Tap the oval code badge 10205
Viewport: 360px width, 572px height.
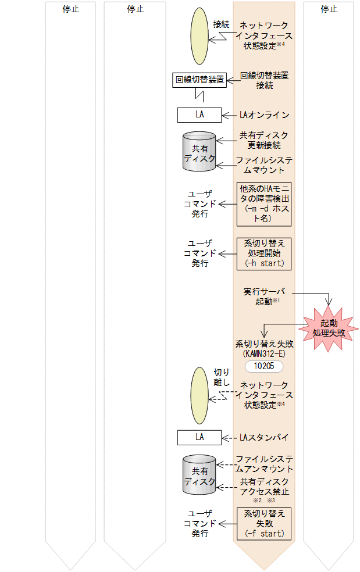pos(264,366)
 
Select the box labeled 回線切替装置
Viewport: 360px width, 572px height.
pos(200,80)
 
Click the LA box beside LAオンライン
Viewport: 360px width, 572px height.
pos(199,115)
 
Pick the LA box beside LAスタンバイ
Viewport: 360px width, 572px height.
pos(199,437)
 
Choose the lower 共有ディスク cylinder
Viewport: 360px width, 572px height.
pos(199,476)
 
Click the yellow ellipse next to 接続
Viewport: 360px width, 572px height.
pos(199,36)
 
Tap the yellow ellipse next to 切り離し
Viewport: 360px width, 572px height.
pos(199,395)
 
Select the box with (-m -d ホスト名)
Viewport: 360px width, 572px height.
pos(264,204)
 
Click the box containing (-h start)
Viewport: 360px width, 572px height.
pos(264,253)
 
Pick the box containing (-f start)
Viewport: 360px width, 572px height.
pos(264,523)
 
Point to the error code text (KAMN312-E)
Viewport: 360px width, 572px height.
pos(264,354)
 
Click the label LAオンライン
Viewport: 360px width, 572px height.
pos(264,115)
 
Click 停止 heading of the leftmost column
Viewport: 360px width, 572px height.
pos(71,9)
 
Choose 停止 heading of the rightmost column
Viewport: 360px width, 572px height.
pos(329,9)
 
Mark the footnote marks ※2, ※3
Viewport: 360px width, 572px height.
pos(264,500)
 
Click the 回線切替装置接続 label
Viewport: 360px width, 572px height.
pos(265,80)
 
